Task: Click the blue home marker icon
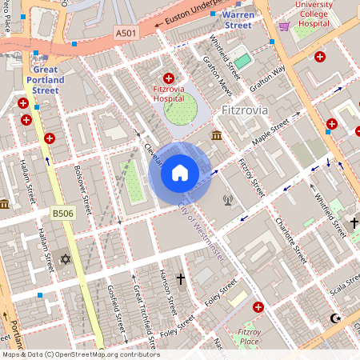pos(179,173)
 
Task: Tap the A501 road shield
pos(126,33)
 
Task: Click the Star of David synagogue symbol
pos(66,261)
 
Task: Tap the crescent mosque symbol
pos(334,318)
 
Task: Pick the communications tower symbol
pos(227,199)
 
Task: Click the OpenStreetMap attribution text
pos(80,354)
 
